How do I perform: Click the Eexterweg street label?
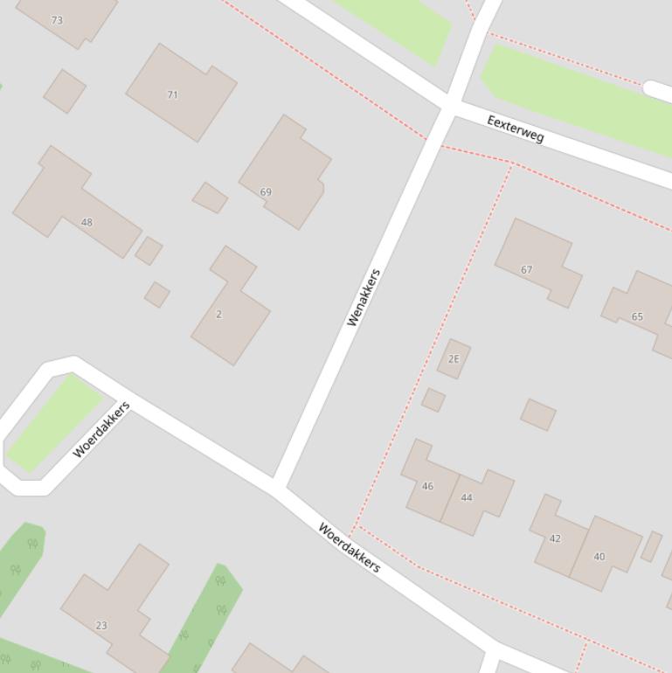[x=516, y=129]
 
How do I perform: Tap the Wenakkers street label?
[x=364, y=298]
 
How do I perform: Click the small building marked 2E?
[x=454, y=359]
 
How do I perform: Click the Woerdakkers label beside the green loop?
[x=101, y=429]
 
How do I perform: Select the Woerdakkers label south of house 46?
[x=349, y=548]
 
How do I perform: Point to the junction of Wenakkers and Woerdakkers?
[x=278, y=485]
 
